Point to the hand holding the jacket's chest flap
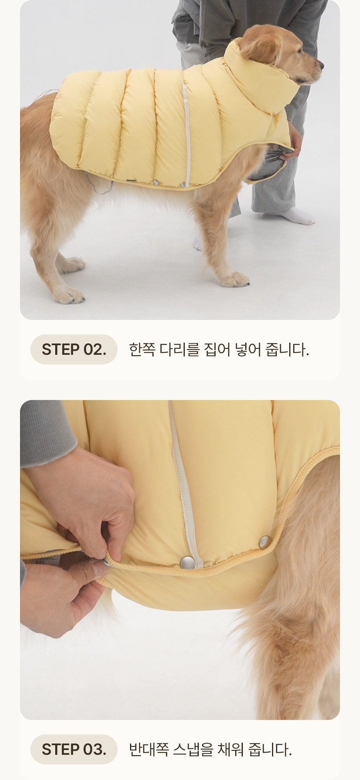294,142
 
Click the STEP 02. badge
74,349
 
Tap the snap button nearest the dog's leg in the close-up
264,543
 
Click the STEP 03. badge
74,749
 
